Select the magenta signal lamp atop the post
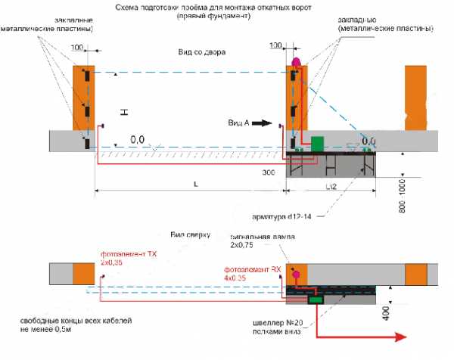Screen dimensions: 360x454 (296, 60)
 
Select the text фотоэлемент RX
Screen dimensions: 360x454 (251, 269)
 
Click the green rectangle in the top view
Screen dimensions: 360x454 (314, 299)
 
